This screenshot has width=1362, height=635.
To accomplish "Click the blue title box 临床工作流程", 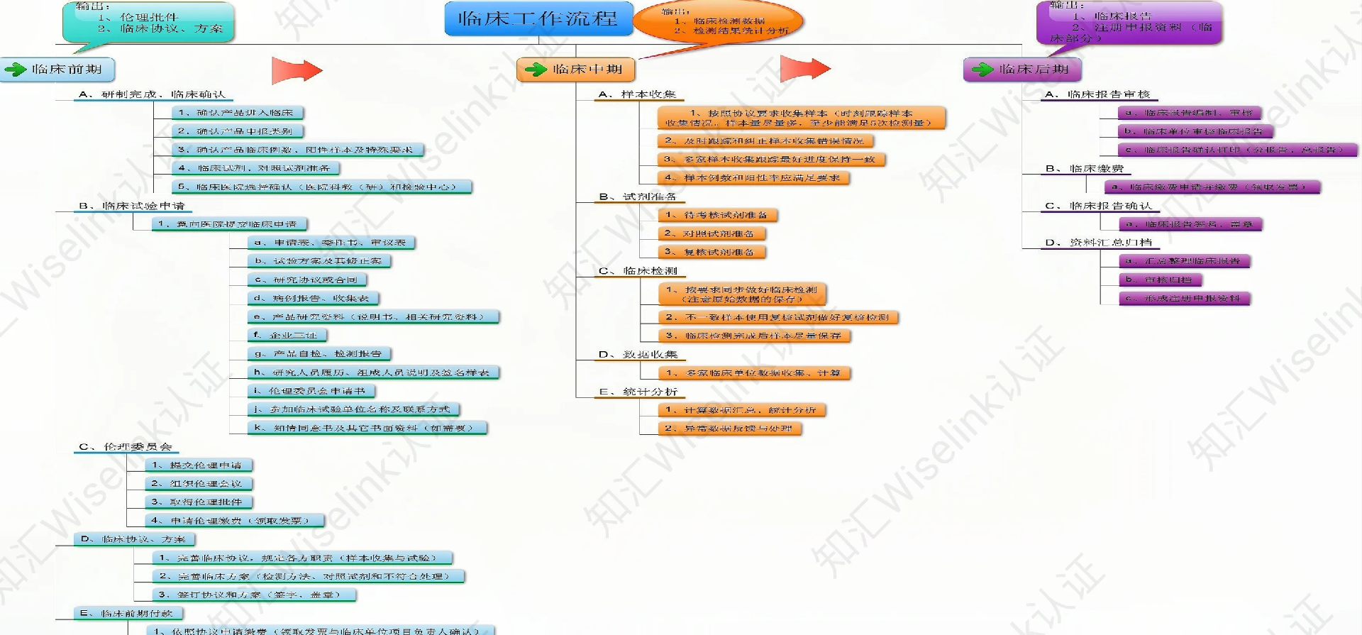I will pyautogui.click(x=538, y=18).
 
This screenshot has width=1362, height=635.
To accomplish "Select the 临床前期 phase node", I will pyautogui.click(x=57, y=70).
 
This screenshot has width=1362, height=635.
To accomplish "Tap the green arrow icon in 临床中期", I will pyautogui.click(x=536, y=70).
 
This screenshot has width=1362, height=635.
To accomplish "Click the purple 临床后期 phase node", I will pyautogui.click(x=1022, y=70).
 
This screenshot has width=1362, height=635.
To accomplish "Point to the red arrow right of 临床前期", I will pyautogui.click(x=297, y=70).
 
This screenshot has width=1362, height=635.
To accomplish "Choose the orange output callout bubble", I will pyautogui.click(x=718, y=23).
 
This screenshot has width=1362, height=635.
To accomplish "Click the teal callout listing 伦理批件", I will pyautogui.click(x=148, y=23).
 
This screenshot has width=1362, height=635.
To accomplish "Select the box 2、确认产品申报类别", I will pyautogui.click(x=238, y=131).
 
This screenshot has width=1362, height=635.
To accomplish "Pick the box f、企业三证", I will pyautogui.click(x=288, y=335).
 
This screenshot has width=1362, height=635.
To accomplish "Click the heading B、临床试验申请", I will pyautogui.click(x=132, y=206).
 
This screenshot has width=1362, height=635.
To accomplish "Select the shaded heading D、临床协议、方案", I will pyautogui.click(x=134, y=539).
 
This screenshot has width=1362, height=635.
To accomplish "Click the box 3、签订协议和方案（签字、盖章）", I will pyautogui.click(x=254, y=595).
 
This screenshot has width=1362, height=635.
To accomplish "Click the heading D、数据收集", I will pyautogui.click(x=638, y=354).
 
